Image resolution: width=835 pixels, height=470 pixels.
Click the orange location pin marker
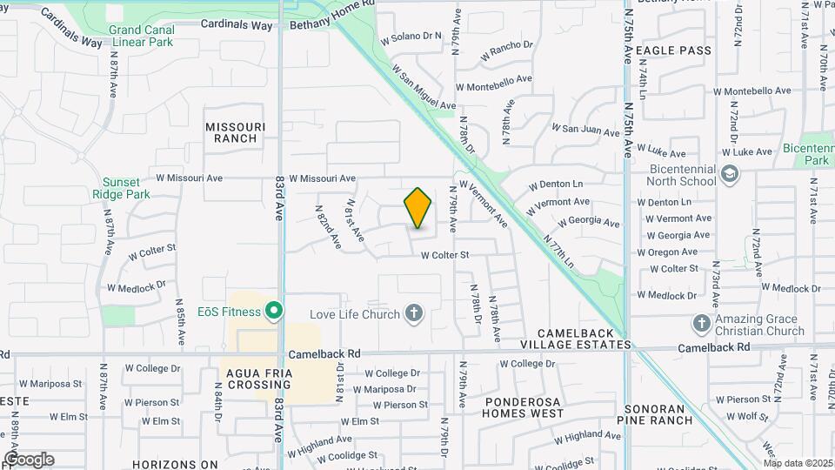pyautogui.click(x=418, y=207)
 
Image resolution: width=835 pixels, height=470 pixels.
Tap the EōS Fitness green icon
pyautogui.click(x=274, y=311)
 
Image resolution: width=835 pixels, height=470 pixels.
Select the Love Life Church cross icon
pyautogui.click(x=415, y=313)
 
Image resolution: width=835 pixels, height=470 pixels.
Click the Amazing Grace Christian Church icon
pyautogui.click(x=702, y=325)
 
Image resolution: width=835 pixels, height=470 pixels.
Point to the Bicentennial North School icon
pyautogui.click(x=728, y=175)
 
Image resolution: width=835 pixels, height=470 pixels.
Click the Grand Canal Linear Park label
pyautogui.click(x=142, y=36)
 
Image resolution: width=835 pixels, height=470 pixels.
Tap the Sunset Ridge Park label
pyautogui.click(x=115, y=188)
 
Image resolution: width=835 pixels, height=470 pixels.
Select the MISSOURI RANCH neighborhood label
pyautogui.click(x=236, y=132)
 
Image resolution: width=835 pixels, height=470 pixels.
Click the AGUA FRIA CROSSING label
pyautogui.click(x=257, y=379)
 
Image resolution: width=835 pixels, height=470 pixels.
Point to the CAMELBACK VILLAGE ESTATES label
pyautogui.click(x=582, y=339)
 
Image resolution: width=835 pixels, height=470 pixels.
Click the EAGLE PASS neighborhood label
pyautogui.click(x=674, y=50)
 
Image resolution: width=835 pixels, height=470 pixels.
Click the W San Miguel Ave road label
pyautogui.click(x=424, y=86)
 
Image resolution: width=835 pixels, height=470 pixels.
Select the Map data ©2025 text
pyautogui.click(x=798, y=463)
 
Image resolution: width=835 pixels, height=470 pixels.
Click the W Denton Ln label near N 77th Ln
pyautogui.click(x=556, y=185)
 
